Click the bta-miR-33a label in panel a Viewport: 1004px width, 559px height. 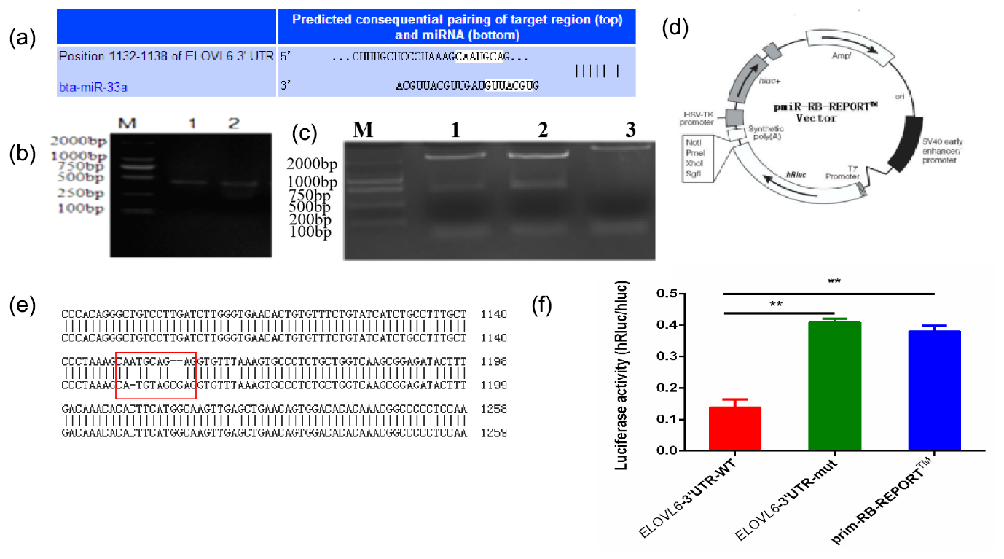point(88,86)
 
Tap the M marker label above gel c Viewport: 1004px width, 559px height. point(362,130)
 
